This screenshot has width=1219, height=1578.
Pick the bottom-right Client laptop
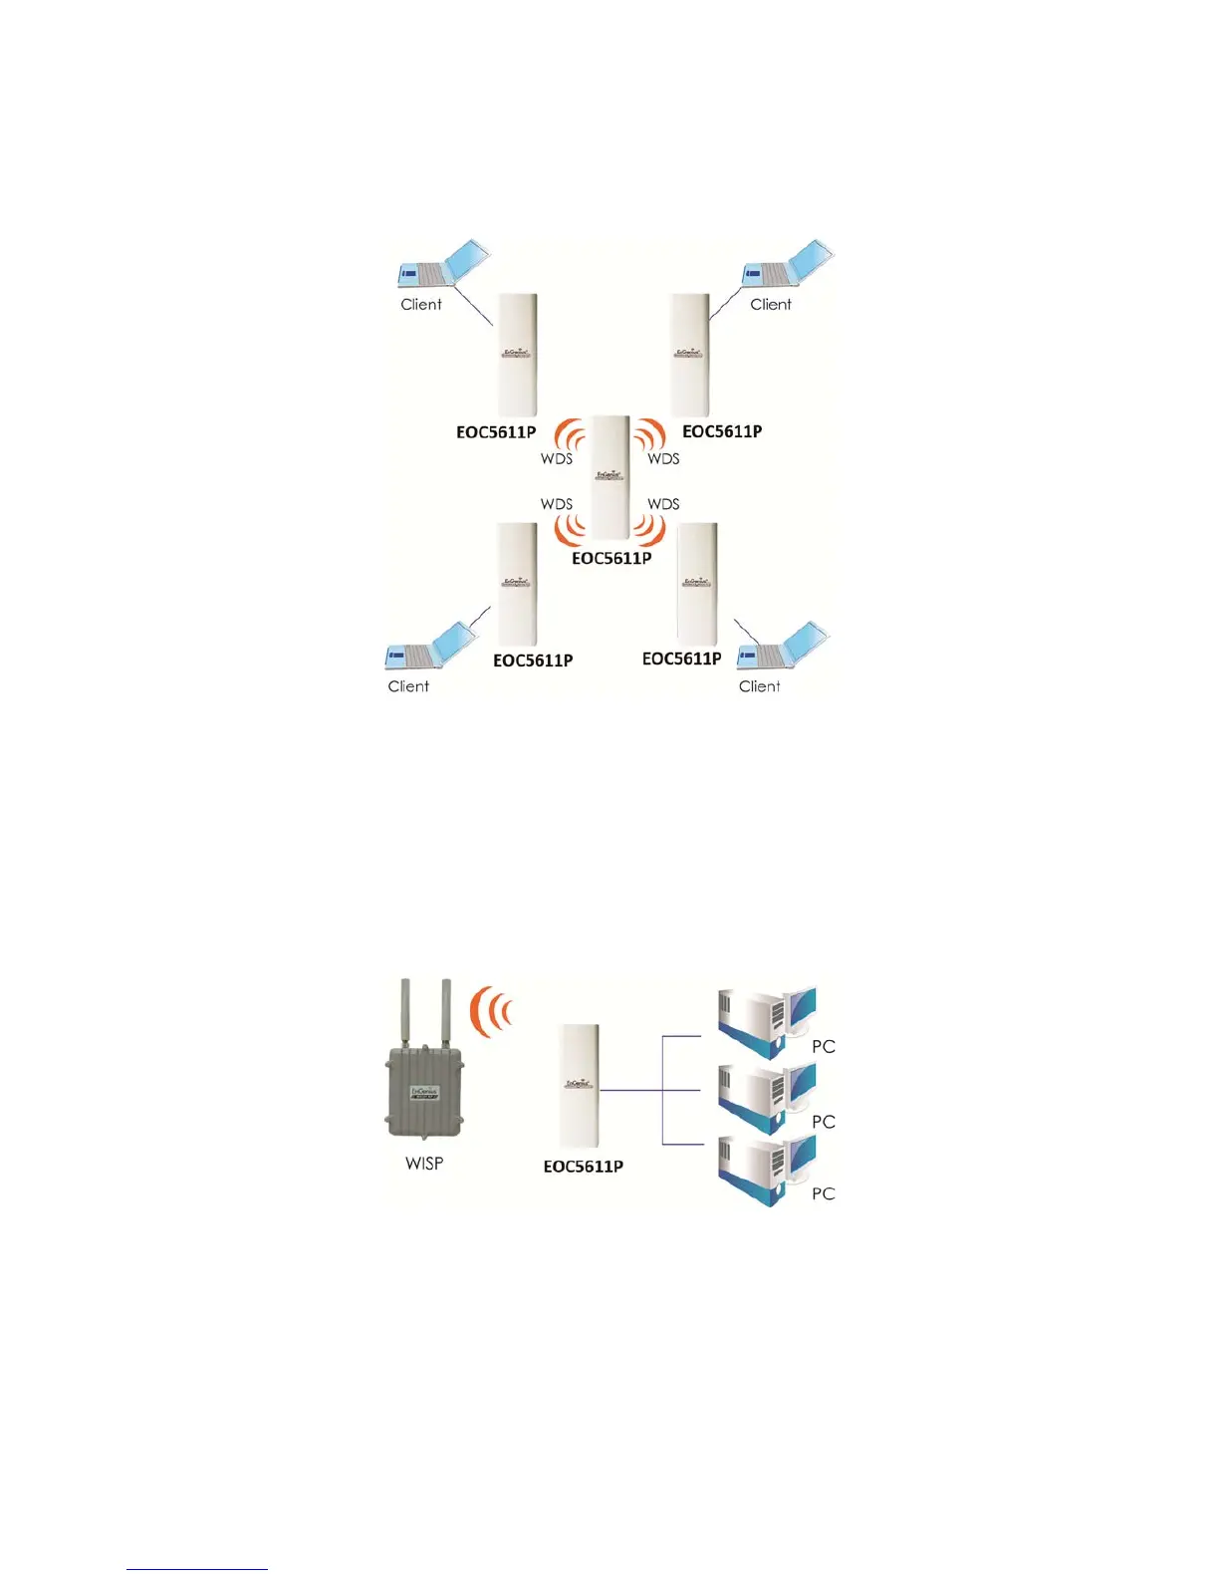click(x=782, y=647)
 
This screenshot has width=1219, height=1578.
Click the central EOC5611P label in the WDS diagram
click(x=611, y=559)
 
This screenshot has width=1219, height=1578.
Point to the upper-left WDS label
click(x=557, y=459)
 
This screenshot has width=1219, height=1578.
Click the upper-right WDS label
click(x=663, y=459)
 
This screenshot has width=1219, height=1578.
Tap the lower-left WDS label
click(x=557, y=504)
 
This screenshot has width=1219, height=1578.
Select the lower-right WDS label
click(x=663, y=504)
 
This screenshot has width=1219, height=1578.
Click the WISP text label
click(x=424, y=1163)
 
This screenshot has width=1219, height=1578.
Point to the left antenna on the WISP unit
click(x=405, y=1012)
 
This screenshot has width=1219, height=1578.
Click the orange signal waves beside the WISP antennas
click(x=492, y=1011)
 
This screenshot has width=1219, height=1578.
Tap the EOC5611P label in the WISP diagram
click(x=584, y=1167)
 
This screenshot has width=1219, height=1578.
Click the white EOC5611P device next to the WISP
click(x=580, y=1086)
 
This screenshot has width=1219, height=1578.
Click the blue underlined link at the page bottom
click(x=197, y=1569)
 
